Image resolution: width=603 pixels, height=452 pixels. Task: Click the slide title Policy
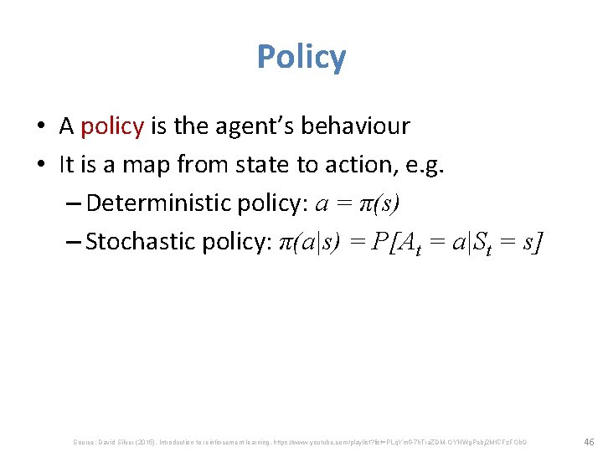[x=301, y=58]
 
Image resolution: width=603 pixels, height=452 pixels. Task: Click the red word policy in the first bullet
[x=113, y=126]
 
